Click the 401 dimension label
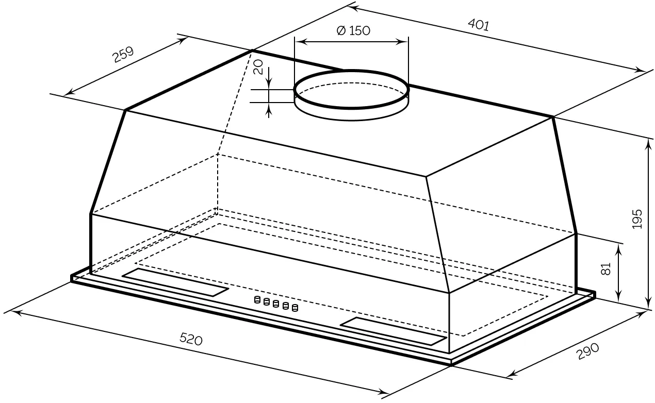[x=479, y=25]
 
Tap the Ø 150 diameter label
[x=353, y=30]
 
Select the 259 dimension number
[x=123, y=54]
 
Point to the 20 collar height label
[x=258, y=67]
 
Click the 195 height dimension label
[x=637, y=219]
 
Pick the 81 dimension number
[x=606, y=269]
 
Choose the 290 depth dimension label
[x=588, y=351]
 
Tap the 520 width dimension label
[x=191, y=339]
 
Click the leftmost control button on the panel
[x=257, y=299]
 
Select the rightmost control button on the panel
[x=295, y=308]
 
